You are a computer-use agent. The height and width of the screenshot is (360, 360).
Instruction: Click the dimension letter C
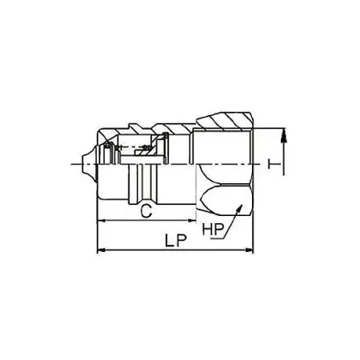pyautogui.click(x=146, y=211)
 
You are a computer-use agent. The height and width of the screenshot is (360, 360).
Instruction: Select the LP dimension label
pyautogui.click(x=176, y=241)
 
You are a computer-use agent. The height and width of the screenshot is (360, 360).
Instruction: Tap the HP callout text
pyautogui.click(x=213, y=230)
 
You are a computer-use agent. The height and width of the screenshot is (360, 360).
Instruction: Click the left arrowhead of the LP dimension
pyautogui.click(x=101, y=250)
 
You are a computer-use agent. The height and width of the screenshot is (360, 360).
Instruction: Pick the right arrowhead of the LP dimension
pyautogui.click(x=249, y=250)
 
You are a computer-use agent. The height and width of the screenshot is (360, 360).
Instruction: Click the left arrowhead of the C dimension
pyautogui.click(x=101, y=221)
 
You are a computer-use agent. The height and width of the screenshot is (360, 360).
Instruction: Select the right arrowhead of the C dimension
pyautogui.click(x=193, y=221)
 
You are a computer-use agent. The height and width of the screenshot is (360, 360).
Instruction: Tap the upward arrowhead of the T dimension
pyautogui.click(x=285, y=134)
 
